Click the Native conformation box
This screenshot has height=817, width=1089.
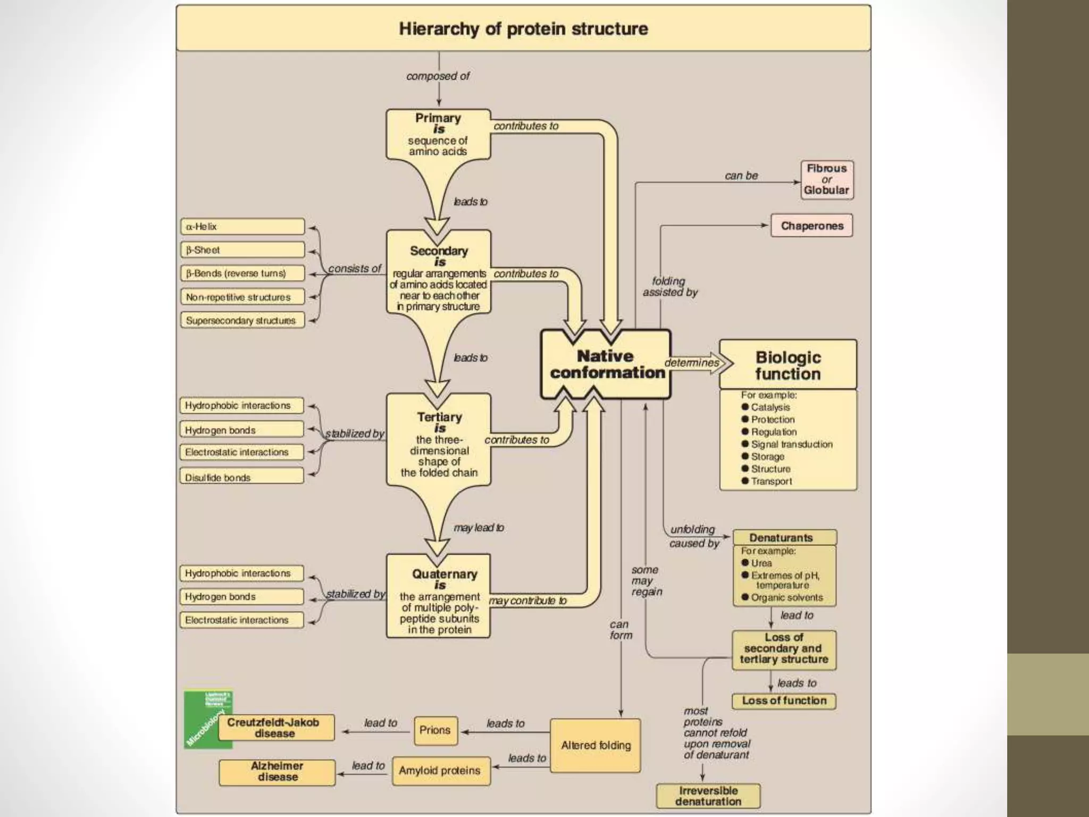point(606,364)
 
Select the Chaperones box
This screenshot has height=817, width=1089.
point(811,226)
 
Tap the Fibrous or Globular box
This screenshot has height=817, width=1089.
point(827,180)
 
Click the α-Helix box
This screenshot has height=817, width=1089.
point(242,227)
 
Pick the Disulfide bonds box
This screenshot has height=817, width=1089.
point(242,477)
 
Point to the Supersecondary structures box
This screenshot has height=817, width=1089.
point(242,320)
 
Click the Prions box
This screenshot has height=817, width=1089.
point(435,730)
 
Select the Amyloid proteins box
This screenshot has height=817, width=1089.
point(441,771)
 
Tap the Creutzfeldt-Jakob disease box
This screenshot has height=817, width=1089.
point(275,728)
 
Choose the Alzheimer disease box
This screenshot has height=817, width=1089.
point(277,772)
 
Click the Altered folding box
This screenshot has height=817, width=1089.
point(596,746)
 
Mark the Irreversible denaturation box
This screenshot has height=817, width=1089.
point(708,796)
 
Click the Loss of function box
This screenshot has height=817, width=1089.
point(784,701)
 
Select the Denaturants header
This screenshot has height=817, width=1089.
point(784,537)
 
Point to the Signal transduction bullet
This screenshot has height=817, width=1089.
point(791,444)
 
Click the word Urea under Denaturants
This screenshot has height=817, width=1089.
point(761,563)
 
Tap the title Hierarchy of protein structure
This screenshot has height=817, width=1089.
point(523,29)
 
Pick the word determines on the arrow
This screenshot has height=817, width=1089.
point(691,363)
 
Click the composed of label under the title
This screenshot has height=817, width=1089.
point(438,76)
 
